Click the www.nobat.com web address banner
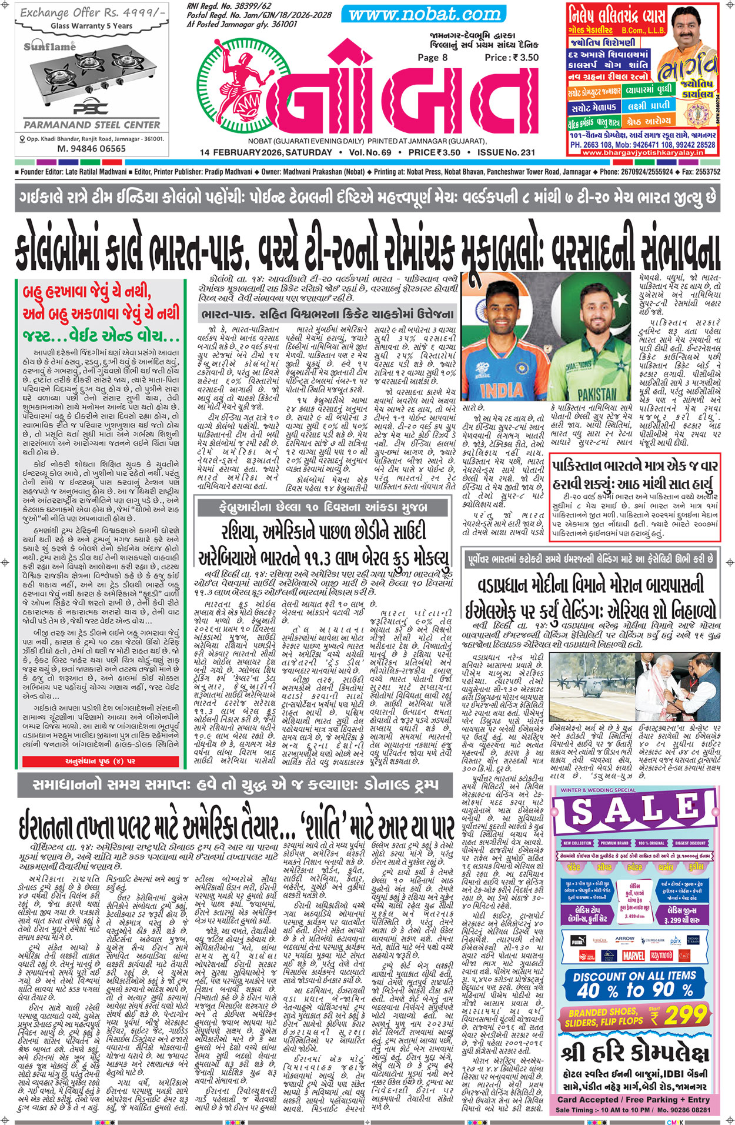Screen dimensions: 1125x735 click(422, 14)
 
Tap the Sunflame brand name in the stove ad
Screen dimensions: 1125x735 click(49, 46)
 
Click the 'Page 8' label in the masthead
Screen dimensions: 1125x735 click(432, 57)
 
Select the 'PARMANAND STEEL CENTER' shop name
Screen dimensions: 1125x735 click(92, 125)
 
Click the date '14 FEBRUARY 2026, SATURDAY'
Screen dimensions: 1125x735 click(265, 153)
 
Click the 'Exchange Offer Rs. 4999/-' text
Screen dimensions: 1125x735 click(88, 13)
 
